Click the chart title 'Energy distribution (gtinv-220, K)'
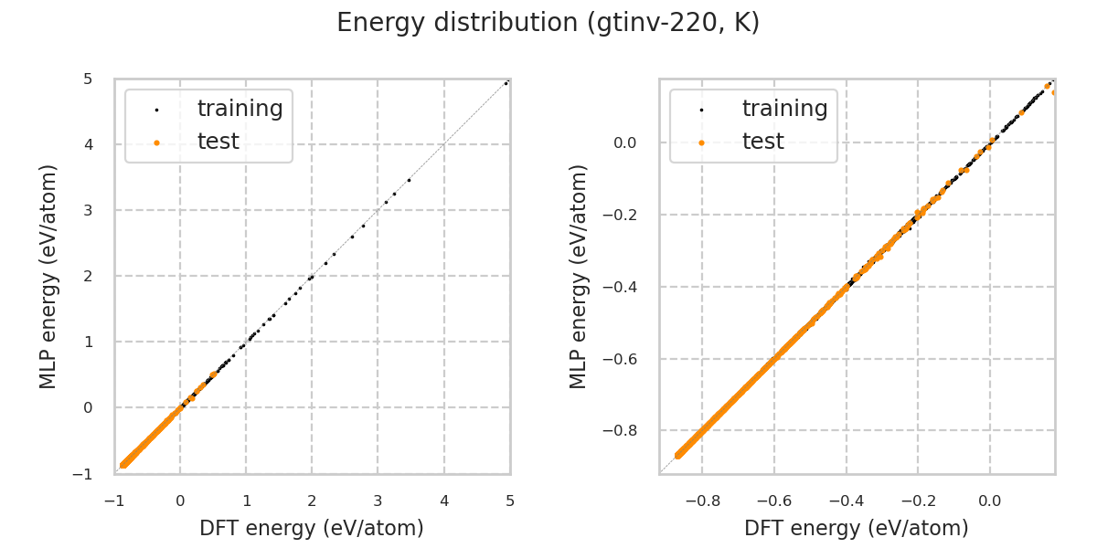pyautogui.click(x=548, y=23)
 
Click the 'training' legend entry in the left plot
pyautogui.click(x=240, y=109)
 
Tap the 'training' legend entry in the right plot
pyautogui.click(x=784, y=109)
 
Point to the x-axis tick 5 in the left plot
pyautogui.click(x=510, y=501)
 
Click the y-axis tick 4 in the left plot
pyautogui.click(x=89, y=144)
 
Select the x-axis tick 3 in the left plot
pyautogui.click(x=378, y=501)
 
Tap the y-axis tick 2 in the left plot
pyautogui.click(x=89, y=276)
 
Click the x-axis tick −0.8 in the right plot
pyautogui.click(x=702, y=501)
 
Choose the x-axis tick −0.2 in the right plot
pyautogui.click(x=918, y=501)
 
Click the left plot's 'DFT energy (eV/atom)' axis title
pyautogui.click(x=312, y=528)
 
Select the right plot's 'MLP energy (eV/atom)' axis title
pyautogui.click(x=580, y=276)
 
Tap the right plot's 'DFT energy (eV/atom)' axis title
pyautogui.click(x=857, y=528)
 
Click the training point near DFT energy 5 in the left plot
pyautogui.click(x=506, y=83)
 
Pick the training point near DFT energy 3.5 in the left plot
pyautogui.click(x=409, y=180)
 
